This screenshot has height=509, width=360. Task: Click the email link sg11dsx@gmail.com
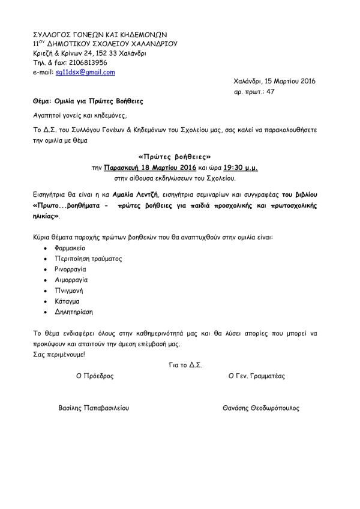click(x=85, y=73)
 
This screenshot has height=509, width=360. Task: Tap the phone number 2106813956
click(x=85, y=62)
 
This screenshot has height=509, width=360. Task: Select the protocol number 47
click(x=270, y=92)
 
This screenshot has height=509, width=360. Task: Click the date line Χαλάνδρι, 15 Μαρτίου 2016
click(x=274, y=81)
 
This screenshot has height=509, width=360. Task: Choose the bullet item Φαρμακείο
click(x=71, y=247)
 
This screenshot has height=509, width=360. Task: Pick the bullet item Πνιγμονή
click(x=69, y=291)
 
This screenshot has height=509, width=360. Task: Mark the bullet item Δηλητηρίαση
click(x=74, y=312)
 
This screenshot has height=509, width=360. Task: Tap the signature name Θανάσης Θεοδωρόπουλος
click(x=261, y=407)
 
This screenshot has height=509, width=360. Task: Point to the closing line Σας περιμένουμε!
click(x=59, y=354)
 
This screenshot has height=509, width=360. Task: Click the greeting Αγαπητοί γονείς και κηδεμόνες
click(x=80, y=113)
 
